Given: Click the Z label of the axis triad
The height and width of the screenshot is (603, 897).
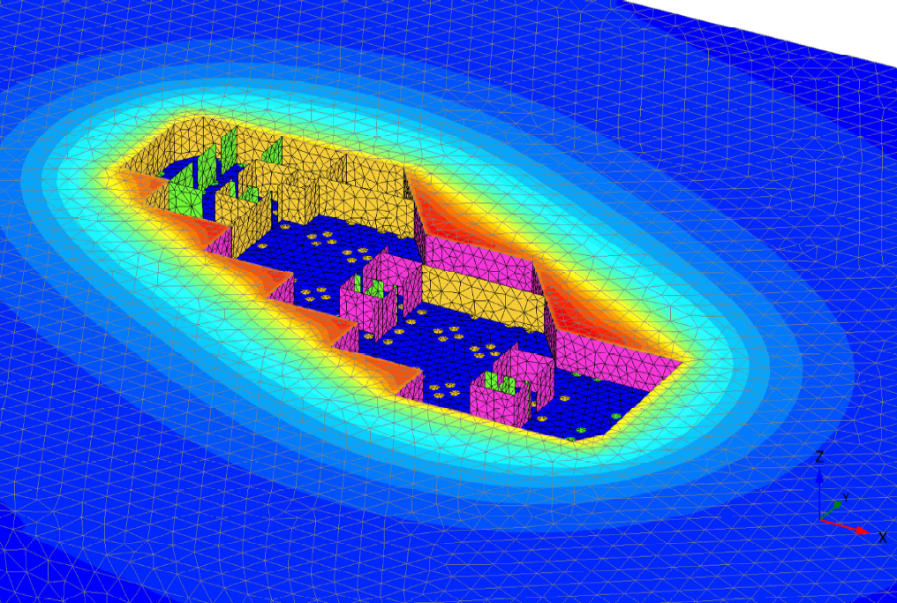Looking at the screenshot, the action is [819, 456].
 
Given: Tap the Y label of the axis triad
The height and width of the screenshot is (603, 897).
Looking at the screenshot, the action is [845, 498].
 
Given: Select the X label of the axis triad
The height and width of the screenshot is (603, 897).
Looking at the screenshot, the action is [883, 537].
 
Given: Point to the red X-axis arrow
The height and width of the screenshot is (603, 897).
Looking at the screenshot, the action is [845, 526].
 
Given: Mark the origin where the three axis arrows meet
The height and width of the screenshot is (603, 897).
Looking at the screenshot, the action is [820, 519].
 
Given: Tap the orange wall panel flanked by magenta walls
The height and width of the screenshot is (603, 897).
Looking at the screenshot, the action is [484, 298].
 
